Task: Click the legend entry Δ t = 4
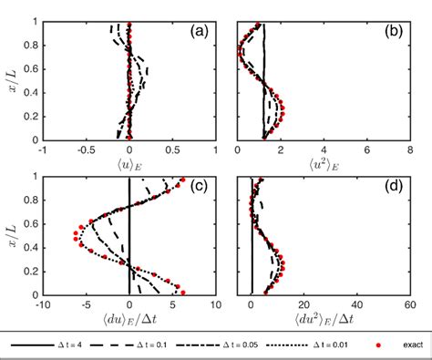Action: (77, 346)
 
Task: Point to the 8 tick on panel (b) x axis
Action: (411, 149)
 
